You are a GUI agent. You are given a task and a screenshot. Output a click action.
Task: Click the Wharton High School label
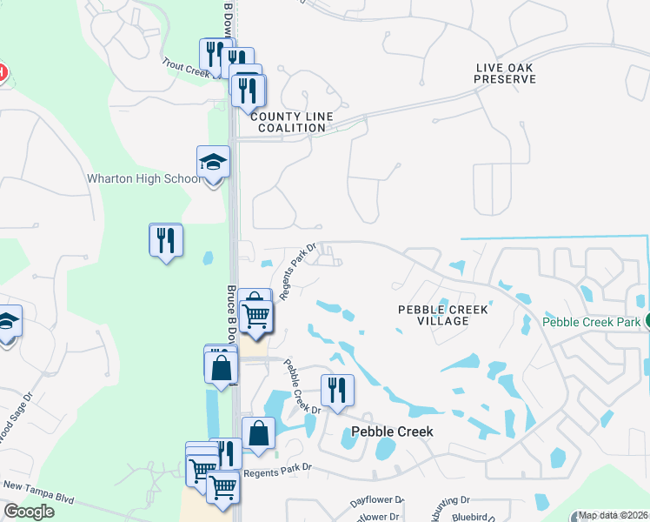pos(143,179)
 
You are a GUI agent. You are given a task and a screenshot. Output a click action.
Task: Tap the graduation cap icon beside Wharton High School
pos(214,162)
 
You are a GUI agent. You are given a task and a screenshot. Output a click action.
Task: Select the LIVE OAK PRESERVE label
pos(505,73)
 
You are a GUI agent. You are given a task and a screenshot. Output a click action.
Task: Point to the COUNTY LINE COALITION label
pos(288,122)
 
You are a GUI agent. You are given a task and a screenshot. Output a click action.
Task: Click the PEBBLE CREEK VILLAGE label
pos(443,315)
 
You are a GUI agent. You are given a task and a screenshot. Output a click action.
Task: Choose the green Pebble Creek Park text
pos(591,322)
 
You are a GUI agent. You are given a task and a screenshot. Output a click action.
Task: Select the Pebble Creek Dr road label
pos(302,387)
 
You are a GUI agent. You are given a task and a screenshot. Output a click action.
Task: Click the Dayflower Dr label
pos(377,501)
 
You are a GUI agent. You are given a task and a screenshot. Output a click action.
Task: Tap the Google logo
pos(29,512)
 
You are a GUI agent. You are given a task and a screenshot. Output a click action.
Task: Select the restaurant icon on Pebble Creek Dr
pos(336,390)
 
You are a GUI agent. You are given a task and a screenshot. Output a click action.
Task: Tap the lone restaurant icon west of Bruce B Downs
pos(165,239)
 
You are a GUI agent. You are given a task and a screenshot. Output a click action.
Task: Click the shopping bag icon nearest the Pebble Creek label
pos(259,432)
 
